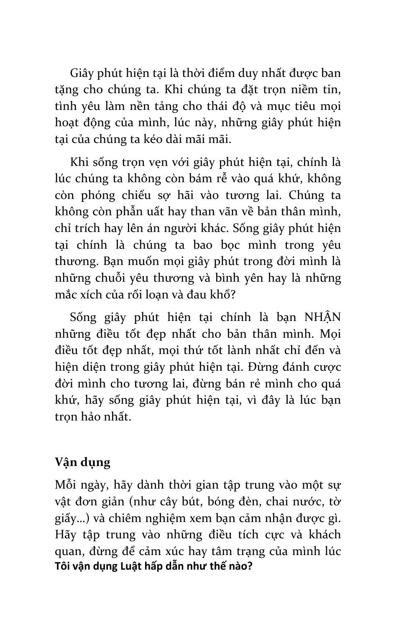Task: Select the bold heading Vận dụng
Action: (82, 463)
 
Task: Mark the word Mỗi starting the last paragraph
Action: (64, 485)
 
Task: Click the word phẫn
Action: (118, 211)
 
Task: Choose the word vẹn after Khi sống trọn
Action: (140, 162)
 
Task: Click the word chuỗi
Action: (111, 278)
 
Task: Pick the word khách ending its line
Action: (325, 535)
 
